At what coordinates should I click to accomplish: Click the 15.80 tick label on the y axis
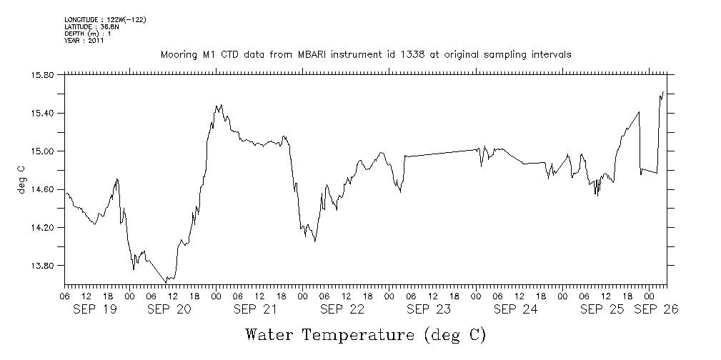(x=44, y=75)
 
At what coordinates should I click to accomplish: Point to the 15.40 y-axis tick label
(x=44, y=113)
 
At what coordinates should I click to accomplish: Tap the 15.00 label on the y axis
(x=44, y=151)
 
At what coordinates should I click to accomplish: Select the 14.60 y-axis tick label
(x=44, y=189)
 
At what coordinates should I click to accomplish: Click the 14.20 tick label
(x=44, y=227)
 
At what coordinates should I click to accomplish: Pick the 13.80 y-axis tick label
(x=44, y=266)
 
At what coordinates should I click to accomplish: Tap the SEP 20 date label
(x=169, y=309)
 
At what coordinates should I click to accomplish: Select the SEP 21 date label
(x=255, y=309)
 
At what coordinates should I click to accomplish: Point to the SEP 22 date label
(x=342, y=309)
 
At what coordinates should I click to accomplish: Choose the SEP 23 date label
(x=428, y=309)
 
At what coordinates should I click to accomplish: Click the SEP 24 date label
(x=515, y=309)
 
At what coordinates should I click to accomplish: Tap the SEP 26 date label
(x=655, y=309)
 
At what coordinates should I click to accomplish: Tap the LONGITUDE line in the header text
(x=105, y=20)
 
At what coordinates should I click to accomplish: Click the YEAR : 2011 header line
(x=84, y=41)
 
